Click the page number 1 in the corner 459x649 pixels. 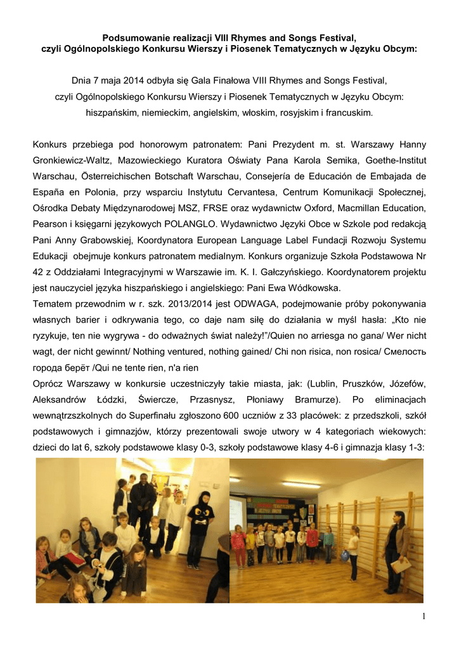coord(421,618)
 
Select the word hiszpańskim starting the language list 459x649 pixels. coord(114,113)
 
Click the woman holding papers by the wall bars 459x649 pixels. coord(397,541)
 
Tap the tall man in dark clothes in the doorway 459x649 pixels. coord(142,498)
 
